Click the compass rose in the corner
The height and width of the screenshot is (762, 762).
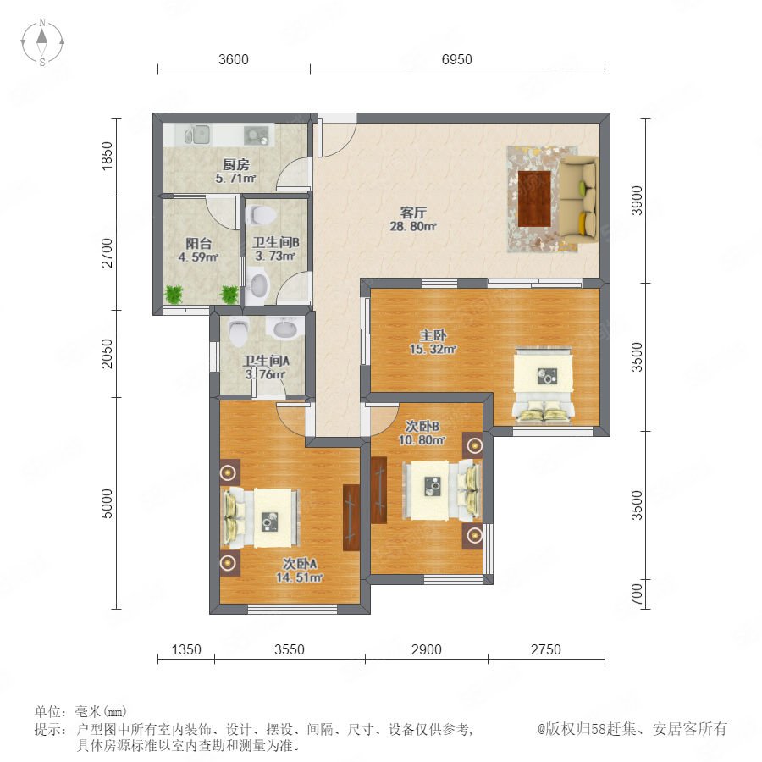(x=42, y=42)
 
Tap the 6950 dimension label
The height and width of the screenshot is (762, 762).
(x=457, y=59)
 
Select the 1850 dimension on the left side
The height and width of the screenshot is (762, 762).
(x=107, y=156)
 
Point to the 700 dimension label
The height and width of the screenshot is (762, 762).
(x=637, y=594)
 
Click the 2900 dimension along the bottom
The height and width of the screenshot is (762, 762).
(x=426, y=649)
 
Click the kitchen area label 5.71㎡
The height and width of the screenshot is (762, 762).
(x=235, y=179)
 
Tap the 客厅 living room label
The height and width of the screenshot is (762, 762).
(x=413, y=213)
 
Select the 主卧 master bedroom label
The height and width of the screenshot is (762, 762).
(x=433, y=335)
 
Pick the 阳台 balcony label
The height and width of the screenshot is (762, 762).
(x=198, y=244)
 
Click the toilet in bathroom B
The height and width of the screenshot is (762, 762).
(x=261, y=214)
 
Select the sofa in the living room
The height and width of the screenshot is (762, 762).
(x=577, y=199)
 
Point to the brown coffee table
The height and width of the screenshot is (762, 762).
(x=534, y=199)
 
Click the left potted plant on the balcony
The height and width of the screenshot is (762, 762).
(x=174, y=294)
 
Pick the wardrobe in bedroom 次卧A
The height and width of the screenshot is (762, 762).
(x=351, y=517)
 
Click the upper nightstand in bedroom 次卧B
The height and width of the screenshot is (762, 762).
(x=473, y=444)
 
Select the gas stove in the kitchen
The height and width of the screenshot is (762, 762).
(x=256, y=135)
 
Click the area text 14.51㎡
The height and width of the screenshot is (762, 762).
(x=299, y=577)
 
